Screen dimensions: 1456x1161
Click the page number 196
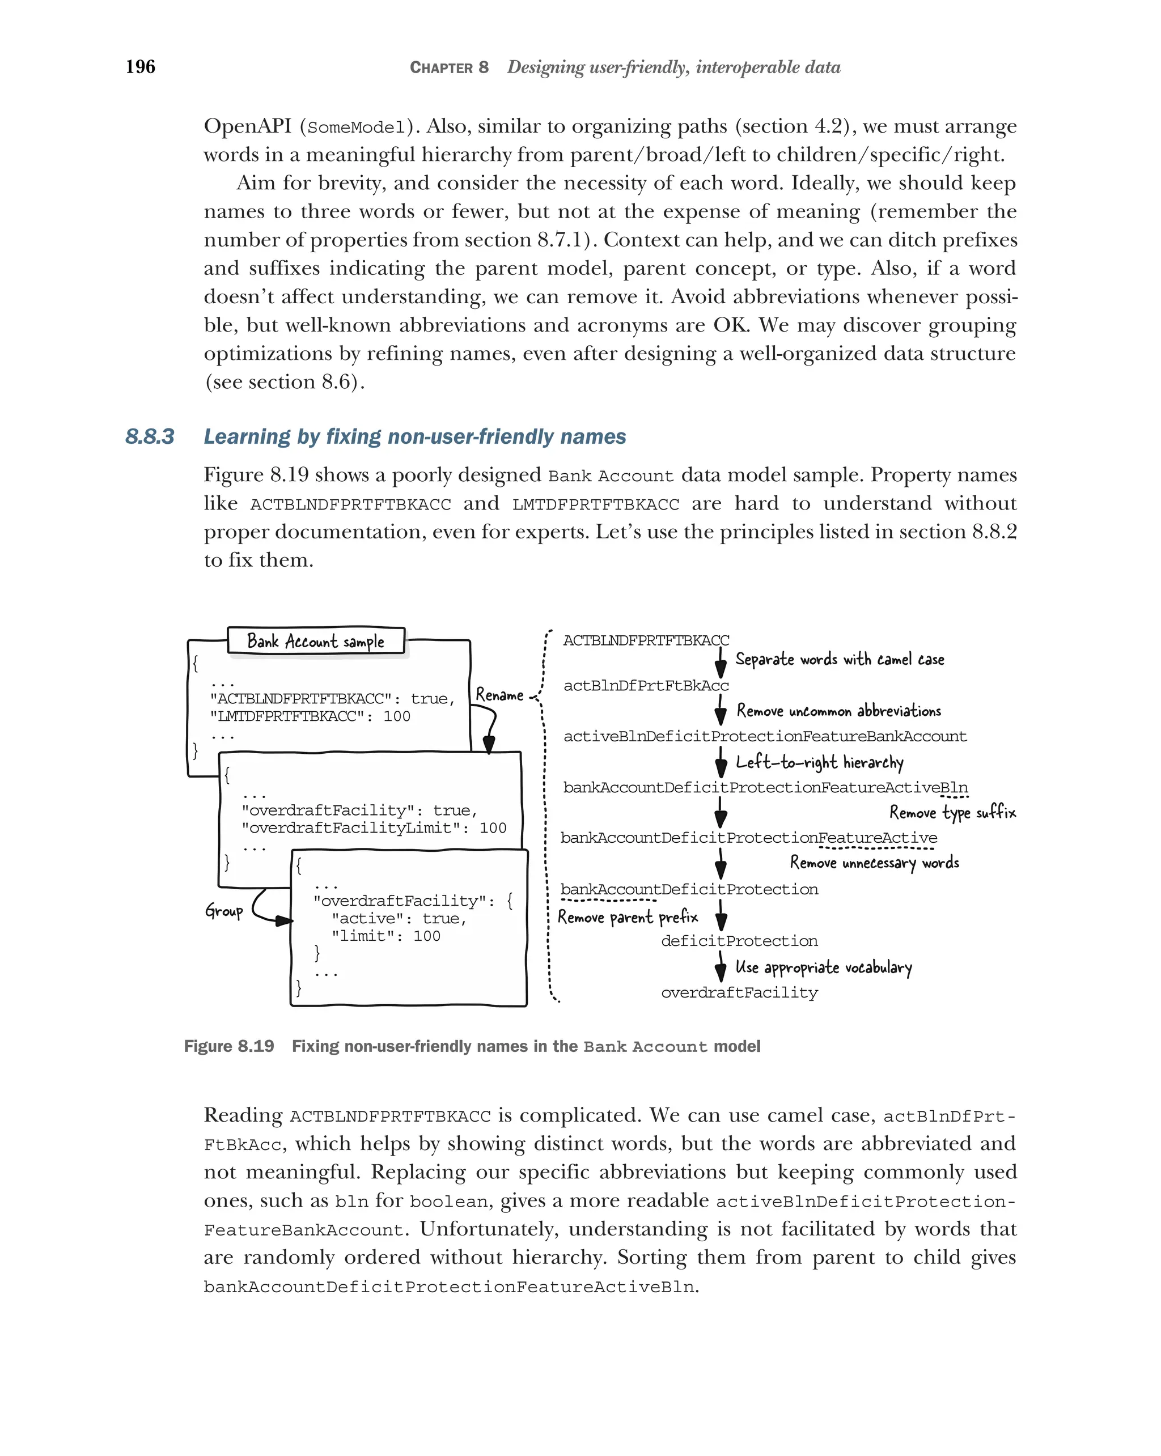(140, 66)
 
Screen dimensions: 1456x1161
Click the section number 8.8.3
(149, 437)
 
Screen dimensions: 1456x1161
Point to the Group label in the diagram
(223, 911)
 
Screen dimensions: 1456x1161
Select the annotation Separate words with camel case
(839, 659)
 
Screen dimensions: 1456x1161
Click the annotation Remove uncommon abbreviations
(838, 711)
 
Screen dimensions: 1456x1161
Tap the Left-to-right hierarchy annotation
(819, 762)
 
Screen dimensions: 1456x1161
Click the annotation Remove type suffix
(952, 812)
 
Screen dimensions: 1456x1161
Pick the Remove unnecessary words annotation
(874, 863)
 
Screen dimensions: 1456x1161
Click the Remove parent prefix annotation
(628, 917)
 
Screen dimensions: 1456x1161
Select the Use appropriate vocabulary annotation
(823, 968)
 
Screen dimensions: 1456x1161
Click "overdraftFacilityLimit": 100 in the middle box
(374, 828)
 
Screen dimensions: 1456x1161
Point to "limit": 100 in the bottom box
(385, 936)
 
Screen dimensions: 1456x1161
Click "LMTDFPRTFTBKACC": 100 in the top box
(310, 716)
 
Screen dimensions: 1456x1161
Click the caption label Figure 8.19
(229, 1046)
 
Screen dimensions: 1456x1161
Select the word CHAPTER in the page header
(441, 67)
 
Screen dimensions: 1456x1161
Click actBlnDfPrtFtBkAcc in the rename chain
(646, 685)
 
